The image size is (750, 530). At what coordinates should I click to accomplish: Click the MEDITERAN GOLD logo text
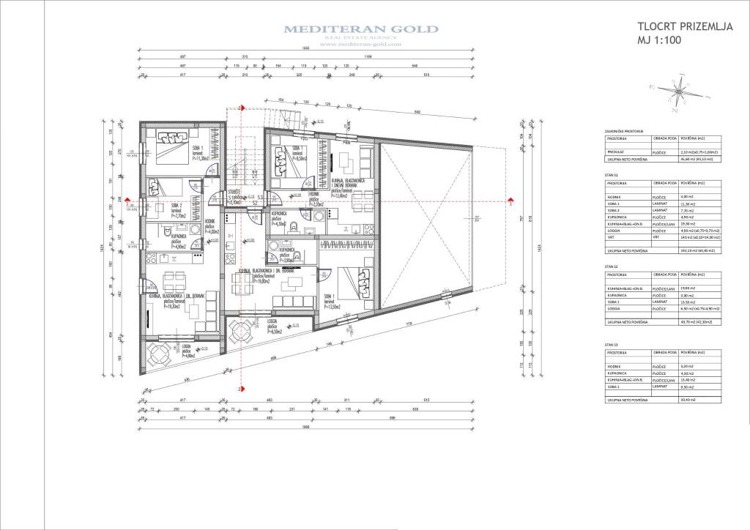[x=361, y=29]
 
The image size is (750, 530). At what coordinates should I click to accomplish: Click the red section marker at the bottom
[x=240, y=389]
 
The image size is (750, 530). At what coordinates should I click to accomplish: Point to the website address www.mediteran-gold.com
[x=361, y=45]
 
